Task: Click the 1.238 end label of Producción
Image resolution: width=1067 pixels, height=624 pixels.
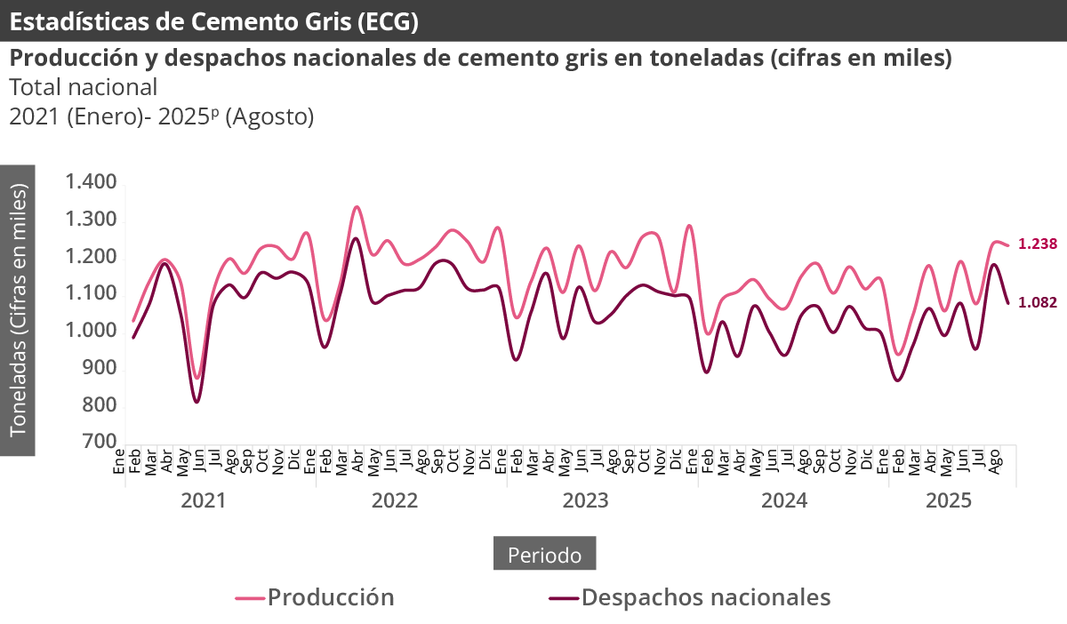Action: point(1037,244)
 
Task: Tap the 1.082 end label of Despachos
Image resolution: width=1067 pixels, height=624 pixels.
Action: point(1037,302)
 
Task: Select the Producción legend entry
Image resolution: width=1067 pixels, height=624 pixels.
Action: point(316,596)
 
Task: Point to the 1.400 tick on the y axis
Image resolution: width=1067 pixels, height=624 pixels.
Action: point(92,182)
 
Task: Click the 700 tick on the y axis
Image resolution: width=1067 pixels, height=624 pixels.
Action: point(100,442)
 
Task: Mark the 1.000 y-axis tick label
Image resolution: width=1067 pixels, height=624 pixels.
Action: point(92,331)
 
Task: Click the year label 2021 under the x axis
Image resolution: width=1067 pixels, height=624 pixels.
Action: point(204,500)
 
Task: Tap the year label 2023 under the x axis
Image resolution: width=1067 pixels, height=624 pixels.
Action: point(585,500)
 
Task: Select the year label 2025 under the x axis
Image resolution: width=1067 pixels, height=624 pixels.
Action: point(949,500)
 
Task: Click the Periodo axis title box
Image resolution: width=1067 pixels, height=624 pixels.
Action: point(544,555)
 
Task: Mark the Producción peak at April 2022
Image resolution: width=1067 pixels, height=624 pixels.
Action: point(357,207)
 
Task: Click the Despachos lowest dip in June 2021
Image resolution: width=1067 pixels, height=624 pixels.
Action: point(197,402)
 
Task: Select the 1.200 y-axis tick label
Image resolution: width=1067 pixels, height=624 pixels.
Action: point(92,257)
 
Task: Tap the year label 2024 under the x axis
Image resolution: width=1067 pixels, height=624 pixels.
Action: point(784,500)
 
